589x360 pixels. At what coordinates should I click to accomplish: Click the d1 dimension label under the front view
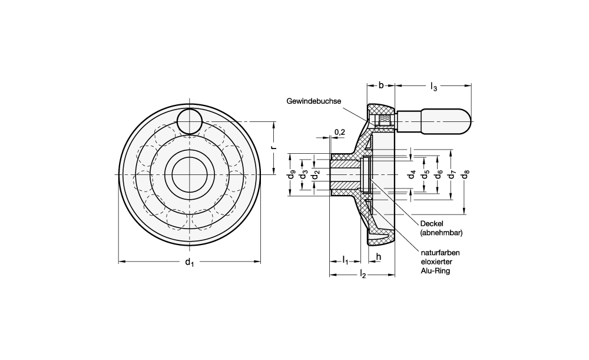coord(189,263)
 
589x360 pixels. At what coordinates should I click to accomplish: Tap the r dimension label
coord(273,148)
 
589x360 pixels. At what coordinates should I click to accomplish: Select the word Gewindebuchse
coord(314,101)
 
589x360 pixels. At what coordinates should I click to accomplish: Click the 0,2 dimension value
coord(340,131)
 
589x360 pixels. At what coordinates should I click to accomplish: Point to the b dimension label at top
coord(381,86)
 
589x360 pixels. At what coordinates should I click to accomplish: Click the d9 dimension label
coord(291,175)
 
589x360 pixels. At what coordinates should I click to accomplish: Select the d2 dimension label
coord(316,175)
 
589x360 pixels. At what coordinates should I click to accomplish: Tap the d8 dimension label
coord(465,175)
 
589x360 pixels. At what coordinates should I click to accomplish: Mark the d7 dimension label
coord(452,175)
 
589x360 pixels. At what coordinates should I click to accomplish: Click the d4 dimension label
coord(412,175)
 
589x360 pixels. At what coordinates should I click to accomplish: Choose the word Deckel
coord(431,223)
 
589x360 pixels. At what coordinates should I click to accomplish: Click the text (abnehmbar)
coord(441,233)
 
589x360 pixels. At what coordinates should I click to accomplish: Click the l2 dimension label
coord(363,274)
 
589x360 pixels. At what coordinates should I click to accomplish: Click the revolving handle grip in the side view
coord(444,121)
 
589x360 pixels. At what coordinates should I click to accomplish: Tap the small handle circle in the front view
coord(190,121)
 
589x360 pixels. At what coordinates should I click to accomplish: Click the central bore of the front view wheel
coord(190,175)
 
